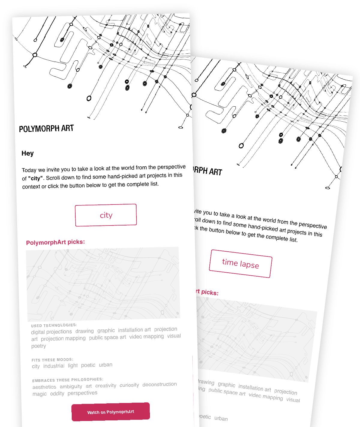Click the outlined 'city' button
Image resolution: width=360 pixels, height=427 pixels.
coord(106,215)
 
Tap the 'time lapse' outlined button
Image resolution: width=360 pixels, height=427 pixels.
coord(241,264)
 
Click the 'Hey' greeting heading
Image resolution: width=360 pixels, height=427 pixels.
coord(28,153)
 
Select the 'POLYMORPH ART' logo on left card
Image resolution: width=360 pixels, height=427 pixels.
coord(46,129)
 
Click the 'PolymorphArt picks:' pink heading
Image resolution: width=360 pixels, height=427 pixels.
coord(55,242)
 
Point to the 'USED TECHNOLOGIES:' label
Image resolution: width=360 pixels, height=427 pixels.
coord(54,325)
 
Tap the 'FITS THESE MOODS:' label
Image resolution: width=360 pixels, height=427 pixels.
coord(52,360)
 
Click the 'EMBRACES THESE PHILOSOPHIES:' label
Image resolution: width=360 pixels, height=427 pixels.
coord(68,380)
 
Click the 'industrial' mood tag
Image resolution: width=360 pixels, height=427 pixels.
coord(54,366)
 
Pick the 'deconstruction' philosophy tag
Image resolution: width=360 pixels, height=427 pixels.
coord(160,384)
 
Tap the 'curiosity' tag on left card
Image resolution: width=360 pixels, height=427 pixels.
coord(129,385)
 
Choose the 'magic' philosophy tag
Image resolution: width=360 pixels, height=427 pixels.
coord(40,394)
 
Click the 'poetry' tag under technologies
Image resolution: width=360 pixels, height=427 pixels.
coord(39,346)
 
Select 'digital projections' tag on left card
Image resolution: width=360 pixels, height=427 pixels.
coord(51,332)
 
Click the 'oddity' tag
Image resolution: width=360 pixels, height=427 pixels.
coord(57,394)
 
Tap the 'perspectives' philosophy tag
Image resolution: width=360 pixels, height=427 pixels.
coord(82,393)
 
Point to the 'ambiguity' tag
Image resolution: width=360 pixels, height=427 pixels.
coord(71,386)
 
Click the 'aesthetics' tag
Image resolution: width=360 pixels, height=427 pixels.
coord(44,387)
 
